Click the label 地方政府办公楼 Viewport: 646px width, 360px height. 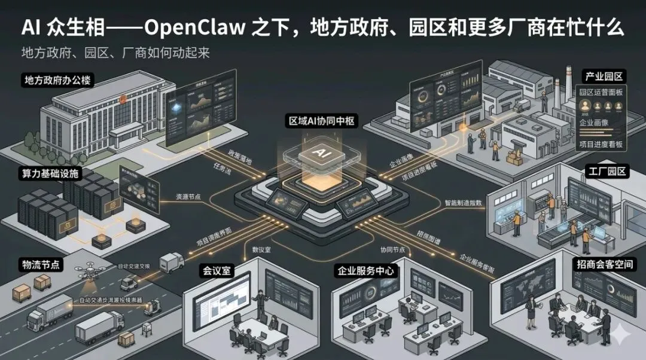coord(57,80)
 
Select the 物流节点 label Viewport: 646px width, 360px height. coord(41,264)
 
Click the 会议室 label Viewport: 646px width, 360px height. coord(216,271)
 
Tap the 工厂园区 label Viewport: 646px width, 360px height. coord(607,172)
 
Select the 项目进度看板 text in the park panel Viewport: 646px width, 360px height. coord(601,144)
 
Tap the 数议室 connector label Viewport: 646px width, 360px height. coord(261,249)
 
